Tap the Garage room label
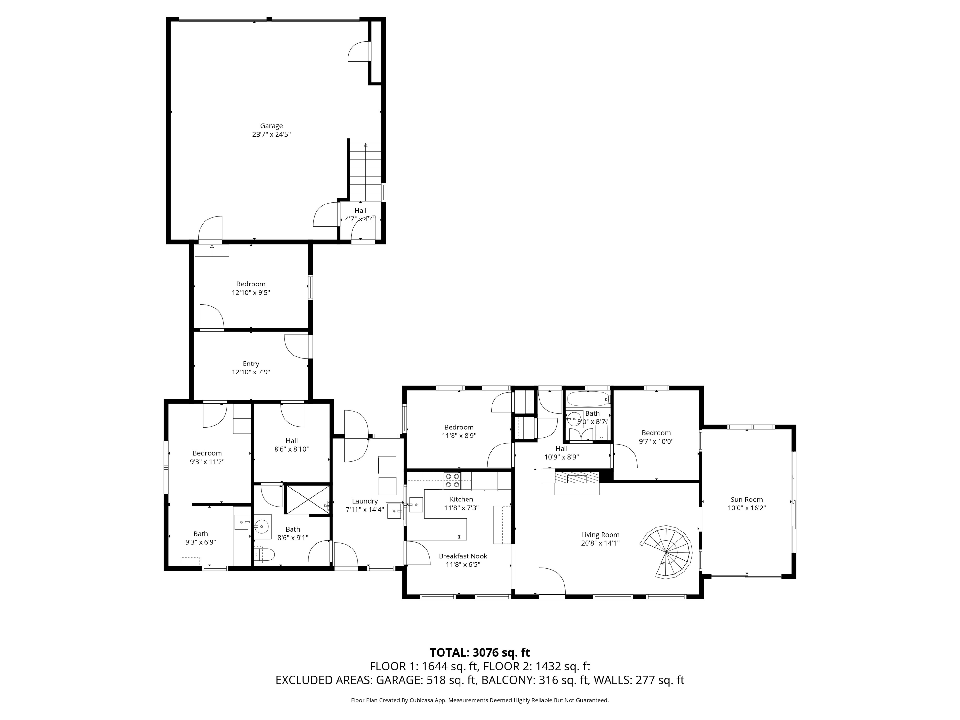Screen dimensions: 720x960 [x=271, y=126]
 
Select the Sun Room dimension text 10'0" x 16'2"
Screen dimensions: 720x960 [x=747, y=508]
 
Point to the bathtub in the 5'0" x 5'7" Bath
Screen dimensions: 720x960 [x=587, y=399]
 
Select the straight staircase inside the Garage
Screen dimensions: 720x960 [x=366, y=172]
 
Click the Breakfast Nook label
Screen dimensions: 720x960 [x=463, y=556]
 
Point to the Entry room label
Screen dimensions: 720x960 [x=251, y=364]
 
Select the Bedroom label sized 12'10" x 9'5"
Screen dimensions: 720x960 [x=251, y=284]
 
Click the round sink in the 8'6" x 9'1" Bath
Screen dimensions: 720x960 [x=262, y=527]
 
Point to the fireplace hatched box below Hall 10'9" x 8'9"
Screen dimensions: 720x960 [x=576, y=479]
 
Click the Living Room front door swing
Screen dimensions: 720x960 [x=551, y=581]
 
